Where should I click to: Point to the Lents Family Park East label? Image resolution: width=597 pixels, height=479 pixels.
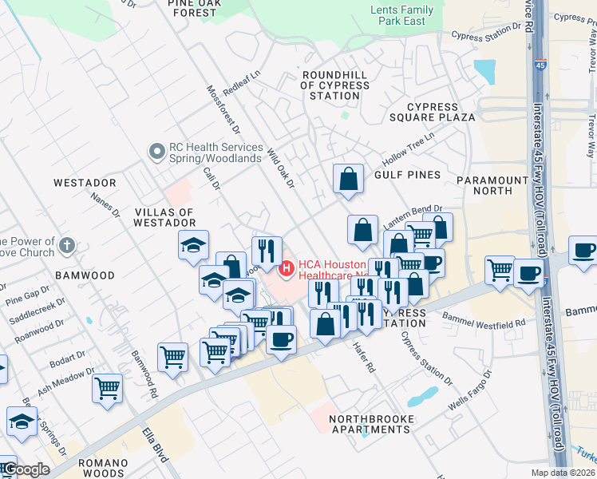click(403, 15)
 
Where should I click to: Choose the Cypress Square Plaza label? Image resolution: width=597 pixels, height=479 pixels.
click(441, 112)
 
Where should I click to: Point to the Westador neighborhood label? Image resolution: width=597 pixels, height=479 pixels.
click(85, 183)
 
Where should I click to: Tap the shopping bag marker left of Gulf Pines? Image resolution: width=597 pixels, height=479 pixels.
click(348, 179)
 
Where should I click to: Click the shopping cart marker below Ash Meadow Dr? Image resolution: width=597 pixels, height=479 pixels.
click(107, 388)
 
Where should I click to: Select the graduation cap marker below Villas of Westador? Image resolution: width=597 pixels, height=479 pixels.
click(193, 245)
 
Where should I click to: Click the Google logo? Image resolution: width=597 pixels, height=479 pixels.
click(26, 470)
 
